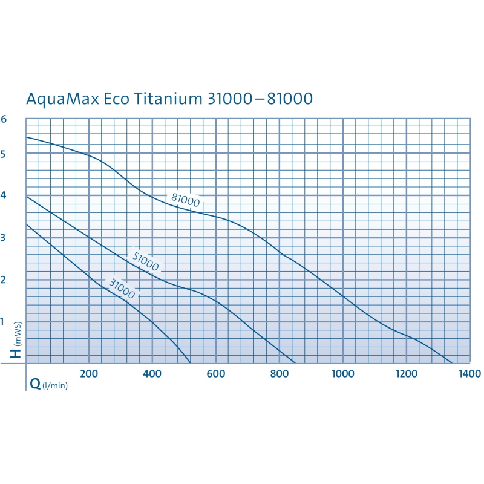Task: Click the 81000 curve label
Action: coord(185,199)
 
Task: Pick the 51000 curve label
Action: coord(145,262)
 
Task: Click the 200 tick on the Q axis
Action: coord(89,374)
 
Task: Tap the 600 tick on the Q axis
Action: coord(216,374)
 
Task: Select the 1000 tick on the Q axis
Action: coord(342,374)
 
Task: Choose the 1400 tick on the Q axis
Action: coord(469,374)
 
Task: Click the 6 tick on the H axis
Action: coord(4,119)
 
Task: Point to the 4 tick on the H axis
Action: coord(4,196)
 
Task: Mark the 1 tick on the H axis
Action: coord(4,322)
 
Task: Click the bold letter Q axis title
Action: coord(35,383)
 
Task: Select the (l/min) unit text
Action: coord(54,385)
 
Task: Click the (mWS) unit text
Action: coord(18,332)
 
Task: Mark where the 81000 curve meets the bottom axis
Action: coord(452,363)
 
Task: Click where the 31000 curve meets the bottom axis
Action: coord(191,363)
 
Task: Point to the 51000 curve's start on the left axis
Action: coord(26,196)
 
